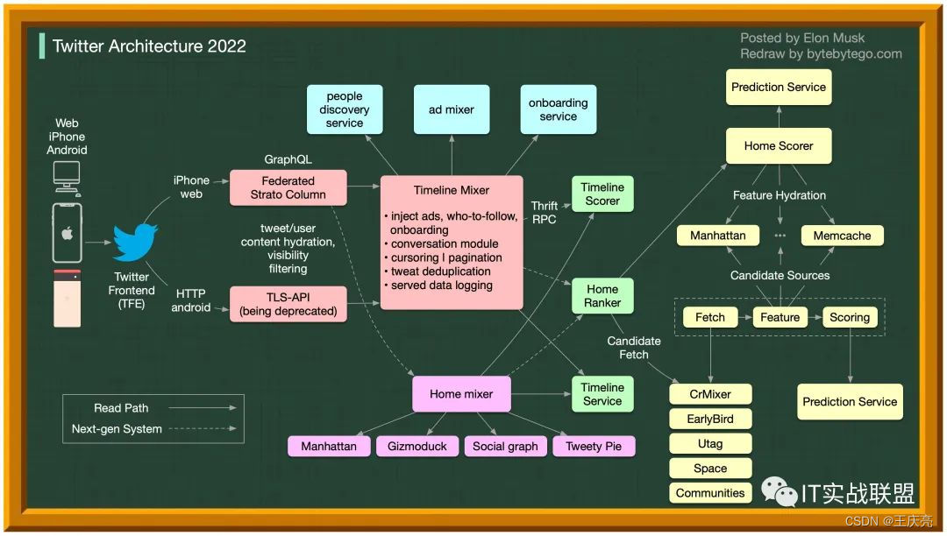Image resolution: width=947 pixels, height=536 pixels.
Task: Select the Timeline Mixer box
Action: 452,243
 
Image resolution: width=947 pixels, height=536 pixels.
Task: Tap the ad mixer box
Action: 452,109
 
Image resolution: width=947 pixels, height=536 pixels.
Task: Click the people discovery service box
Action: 345,109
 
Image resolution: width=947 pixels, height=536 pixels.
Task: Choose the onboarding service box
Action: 559,109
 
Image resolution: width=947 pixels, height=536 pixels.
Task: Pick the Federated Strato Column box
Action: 288,187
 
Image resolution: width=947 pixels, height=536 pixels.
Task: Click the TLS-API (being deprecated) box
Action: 288,304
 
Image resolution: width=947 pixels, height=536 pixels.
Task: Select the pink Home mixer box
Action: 461,394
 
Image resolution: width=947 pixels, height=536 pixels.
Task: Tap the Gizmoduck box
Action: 417,446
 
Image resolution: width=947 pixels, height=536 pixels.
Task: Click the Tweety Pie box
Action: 594,446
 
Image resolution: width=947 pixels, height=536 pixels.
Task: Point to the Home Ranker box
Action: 602,296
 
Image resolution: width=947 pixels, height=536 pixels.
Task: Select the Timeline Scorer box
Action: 602,194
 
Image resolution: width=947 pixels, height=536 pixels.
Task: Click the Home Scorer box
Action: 779,145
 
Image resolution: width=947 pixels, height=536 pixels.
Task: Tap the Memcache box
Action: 842,236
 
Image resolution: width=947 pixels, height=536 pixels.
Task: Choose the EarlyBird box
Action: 710,419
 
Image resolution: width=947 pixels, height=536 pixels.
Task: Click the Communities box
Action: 710,493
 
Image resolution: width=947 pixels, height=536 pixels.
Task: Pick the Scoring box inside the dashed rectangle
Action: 849,317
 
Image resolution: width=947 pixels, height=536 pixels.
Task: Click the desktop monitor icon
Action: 67,176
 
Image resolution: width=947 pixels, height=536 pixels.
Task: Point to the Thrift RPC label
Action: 544,213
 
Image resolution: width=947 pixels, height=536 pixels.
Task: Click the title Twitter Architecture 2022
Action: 149,46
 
